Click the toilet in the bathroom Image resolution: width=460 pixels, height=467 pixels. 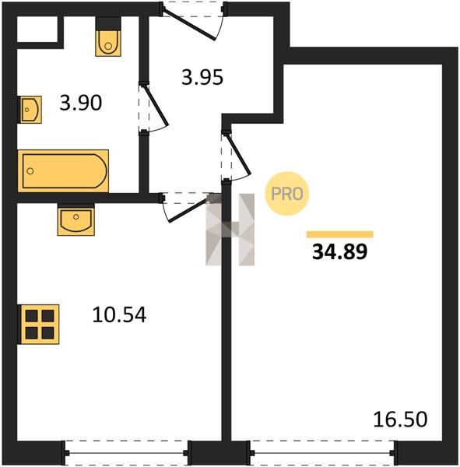108,37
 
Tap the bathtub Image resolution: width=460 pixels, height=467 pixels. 63,171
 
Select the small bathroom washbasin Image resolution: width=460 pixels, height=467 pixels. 30,110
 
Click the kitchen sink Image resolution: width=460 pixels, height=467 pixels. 76,219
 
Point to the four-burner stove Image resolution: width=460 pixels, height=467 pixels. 38,325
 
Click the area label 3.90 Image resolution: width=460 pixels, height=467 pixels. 81,103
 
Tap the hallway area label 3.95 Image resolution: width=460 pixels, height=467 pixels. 202,77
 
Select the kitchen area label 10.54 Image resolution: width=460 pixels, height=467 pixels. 119,314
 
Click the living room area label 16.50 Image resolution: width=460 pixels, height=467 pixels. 400,419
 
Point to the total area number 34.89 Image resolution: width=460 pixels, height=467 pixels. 339,251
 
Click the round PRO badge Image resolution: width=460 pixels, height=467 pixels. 287,194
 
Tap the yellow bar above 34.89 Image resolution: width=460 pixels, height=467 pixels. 340,234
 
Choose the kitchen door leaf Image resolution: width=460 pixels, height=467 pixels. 188,210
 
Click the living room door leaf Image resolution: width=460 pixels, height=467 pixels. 239,154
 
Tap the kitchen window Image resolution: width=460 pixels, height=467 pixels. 126,453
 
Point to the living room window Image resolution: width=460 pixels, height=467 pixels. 323,453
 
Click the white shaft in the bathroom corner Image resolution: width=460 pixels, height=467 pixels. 37,30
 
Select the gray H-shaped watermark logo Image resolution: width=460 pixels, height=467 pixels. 230,230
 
